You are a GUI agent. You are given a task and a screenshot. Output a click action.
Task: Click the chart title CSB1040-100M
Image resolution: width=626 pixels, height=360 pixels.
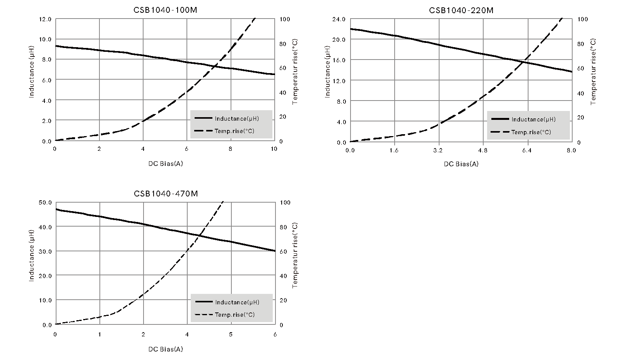click(165, 10)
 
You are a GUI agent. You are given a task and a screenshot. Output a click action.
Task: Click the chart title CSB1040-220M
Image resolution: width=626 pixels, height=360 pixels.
click(461, 10)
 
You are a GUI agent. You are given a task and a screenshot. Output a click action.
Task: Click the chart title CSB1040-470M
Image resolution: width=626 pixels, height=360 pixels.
click(166, 193)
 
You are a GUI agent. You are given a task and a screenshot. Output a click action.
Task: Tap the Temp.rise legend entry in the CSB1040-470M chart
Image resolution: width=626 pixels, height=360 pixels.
click(234, 315)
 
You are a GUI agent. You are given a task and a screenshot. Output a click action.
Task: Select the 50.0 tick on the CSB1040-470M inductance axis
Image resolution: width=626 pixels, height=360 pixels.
click(46, 202)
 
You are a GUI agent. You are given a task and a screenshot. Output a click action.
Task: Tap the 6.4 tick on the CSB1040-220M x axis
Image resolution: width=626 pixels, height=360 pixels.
click(527, 150)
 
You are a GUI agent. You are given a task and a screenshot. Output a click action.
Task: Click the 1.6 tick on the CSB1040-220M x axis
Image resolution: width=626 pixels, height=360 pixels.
click(394, 150)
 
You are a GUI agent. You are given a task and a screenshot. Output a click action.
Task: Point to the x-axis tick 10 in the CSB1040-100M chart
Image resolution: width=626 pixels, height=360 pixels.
click(274, 149)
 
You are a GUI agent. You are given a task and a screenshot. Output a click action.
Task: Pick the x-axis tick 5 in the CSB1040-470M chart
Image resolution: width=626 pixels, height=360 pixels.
click(231, 334)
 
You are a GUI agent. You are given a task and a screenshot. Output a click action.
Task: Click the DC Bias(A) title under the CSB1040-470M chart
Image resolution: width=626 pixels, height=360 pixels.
click(166, 349)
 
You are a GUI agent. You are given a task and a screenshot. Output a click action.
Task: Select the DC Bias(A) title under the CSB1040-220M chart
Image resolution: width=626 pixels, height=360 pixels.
click(461, 164)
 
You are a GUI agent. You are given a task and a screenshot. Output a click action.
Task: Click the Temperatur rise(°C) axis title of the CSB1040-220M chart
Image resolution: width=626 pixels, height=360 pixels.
click(594, 72)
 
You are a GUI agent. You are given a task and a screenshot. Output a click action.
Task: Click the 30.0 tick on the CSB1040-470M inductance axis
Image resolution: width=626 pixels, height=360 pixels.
click(46, 251)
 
